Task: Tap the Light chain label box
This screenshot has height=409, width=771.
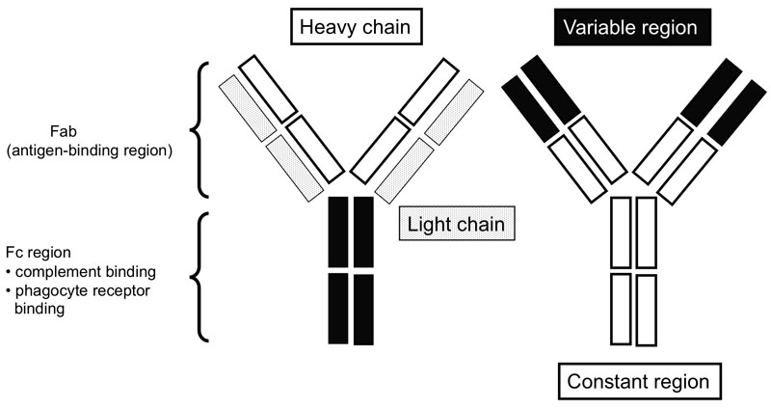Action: [455, 227]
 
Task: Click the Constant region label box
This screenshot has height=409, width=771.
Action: [638, 381]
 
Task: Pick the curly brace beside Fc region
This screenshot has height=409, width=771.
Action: [203, 277]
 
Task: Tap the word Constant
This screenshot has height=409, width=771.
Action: [607, 381]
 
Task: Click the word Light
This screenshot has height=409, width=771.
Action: [430, 227]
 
